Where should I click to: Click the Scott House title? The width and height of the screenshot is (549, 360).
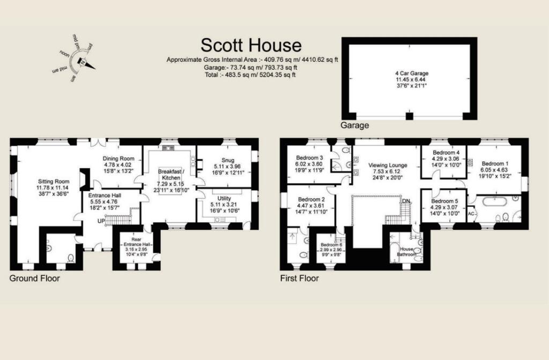[x=251, y=45]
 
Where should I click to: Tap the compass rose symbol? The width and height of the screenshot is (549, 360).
[x=81, y=60]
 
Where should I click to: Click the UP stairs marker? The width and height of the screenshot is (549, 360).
[x=100, y=221]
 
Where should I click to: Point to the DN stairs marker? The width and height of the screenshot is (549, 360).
[x=407, y=201]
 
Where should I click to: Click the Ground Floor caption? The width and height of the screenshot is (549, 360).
[x=35, y=278]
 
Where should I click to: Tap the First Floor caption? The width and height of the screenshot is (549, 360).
[x=300, y=278]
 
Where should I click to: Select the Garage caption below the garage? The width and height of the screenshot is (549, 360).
[x=355, y=126]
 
